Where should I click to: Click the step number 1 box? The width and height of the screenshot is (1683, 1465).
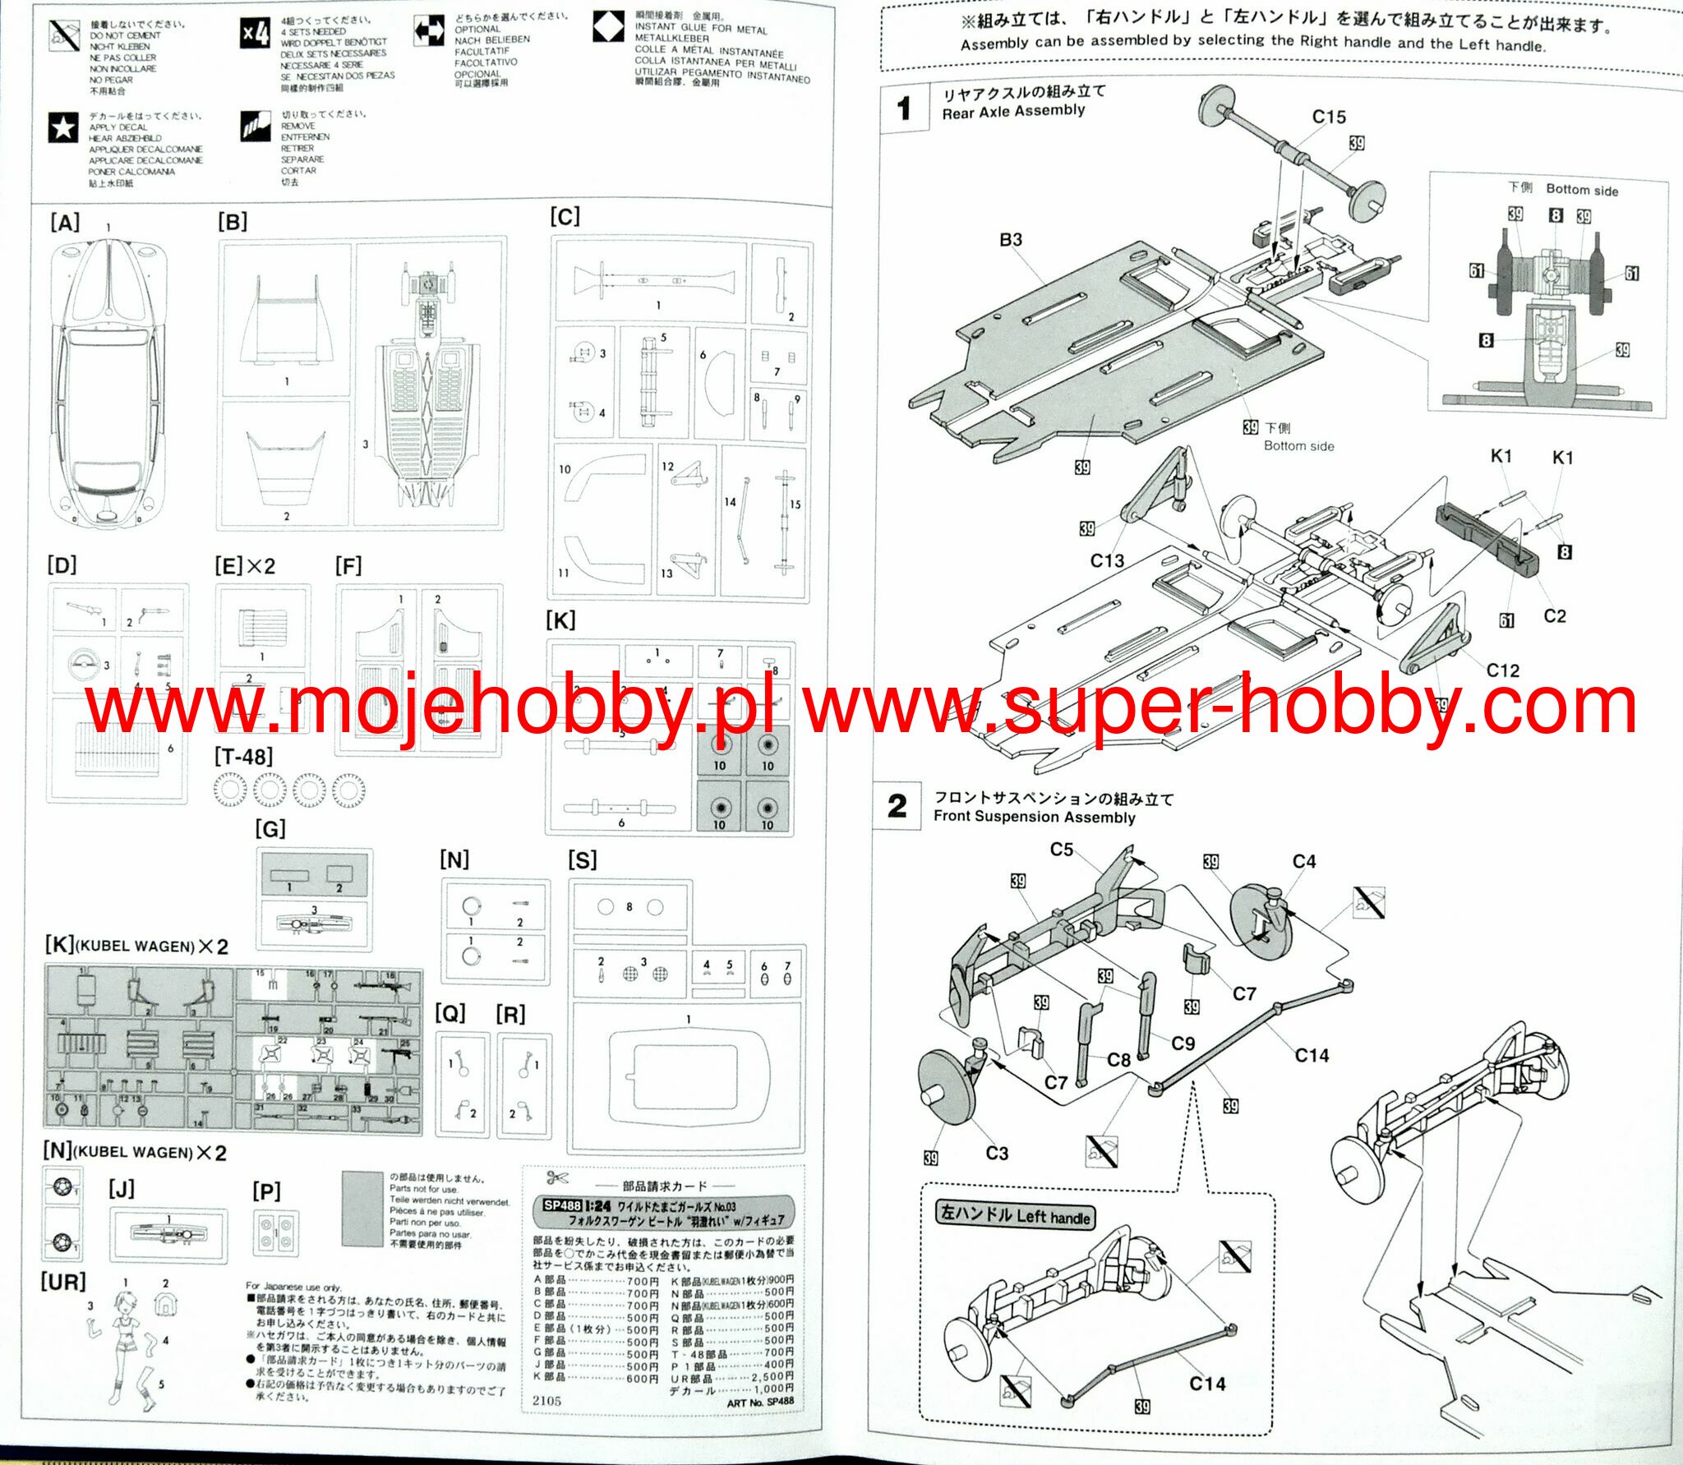pyautogui.click(x=904, y=108)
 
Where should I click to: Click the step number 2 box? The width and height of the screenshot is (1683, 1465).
pyautogui.click(x=897, y=806)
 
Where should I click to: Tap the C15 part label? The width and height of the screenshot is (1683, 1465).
pyautogui.click(x=1328, y=117)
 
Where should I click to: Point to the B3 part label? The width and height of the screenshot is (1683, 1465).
pyautogui.click(x=1010, y=240)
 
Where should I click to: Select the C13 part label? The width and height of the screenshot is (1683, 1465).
pyautogui.click(x=1106, y=560)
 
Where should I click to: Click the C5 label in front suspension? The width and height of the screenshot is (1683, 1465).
pyautogui.click(x=1061, y=850)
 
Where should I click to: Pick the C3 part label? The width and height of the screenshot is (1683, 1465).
pyautogui.click(x=996, y=1154)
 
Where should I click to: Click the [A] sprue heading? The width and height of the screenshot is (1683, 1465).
pyautogui.click(x=65, y=223)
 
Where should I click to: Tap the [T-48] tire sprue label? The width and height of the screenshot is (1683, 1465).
pyautogui.click(x=243, y=757)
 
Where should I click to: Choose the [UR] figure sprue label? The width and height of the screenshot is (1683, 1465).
pyautogui.click(x=63, y=1281)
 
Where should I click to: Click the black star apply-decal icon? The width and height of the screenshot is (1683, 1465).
pyautogui.click(x=63, y=127)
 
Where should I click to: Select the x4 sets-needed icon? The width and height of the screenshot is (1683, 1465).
pyautogui.click(x=256, y=34)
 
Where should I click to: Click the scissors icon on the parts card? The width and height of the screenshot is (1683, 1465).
pyautogui.click(x=557, y=1177)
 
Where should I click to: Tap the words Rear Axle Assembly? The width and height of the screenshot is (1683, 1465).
pyautogui.click(x=1013, y=111)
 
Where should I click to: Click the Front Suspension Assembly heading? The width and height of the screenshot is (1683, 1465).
pyautogui.click(x=1034, y=817)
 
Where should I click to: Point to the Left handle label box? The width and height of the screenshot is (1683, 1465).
pyautogui.click(x=1015, y=1214)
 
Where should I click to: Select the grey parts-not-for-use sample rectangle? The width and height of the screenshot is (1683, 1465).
pyautogui.click(x=362, y=1209)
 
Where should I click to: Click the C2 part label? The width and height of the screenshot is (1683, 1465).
pyautogui.click(x=1554, y=616)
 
